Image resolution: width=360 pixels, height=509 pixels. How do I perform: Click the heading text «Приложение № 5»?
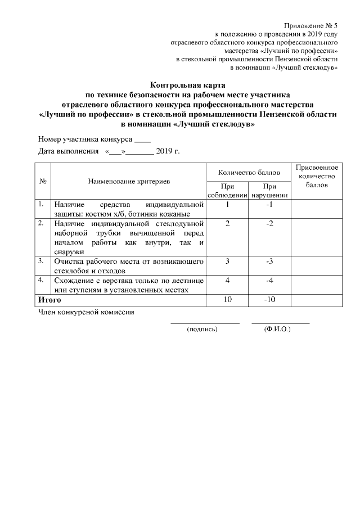click(x=311, y=26)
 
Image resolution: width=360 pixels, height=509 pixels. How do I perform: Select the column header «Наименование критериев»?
click(x=129, y=181)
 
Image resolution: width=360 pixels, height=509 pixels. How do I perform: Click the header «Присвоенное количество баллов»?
click(x=316, y=176)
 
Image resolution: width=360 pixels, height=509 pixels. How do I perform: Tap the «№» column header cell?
click(x=43, y=181)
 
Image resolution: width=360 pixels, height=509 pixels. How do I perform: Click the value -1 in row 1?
click(x=269, y=204)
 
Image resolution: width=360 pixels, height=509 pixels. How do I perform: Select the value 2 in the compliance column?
click(x=227, y=224)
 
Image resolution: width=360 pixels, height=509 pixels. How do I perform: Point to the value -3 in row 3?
click(x=269, y=261)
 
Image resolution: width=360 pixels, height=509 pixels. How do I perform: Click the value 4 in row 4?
click(x=227, y=280)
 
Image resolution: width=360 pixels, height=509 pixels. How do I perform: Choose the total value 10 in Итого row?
click(x=227, y=299)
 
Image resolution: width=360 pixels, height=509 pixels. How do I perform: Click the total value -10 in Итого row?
click(x=269, y=299)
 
